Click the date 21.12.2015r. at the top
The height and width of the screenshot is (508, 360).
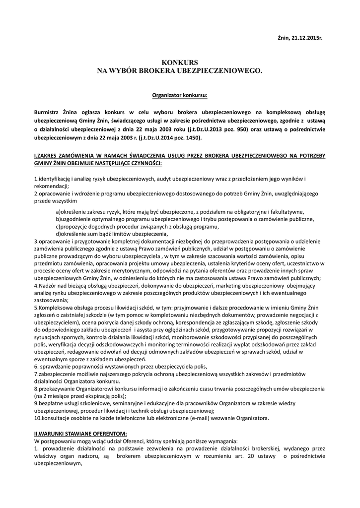[x=308, y=38]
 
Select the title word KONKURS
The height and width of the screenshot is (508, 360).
[x=179, y=63]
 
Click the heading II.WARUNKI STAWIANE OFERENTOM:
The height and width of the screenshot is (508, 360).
[x=80, y=434]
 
